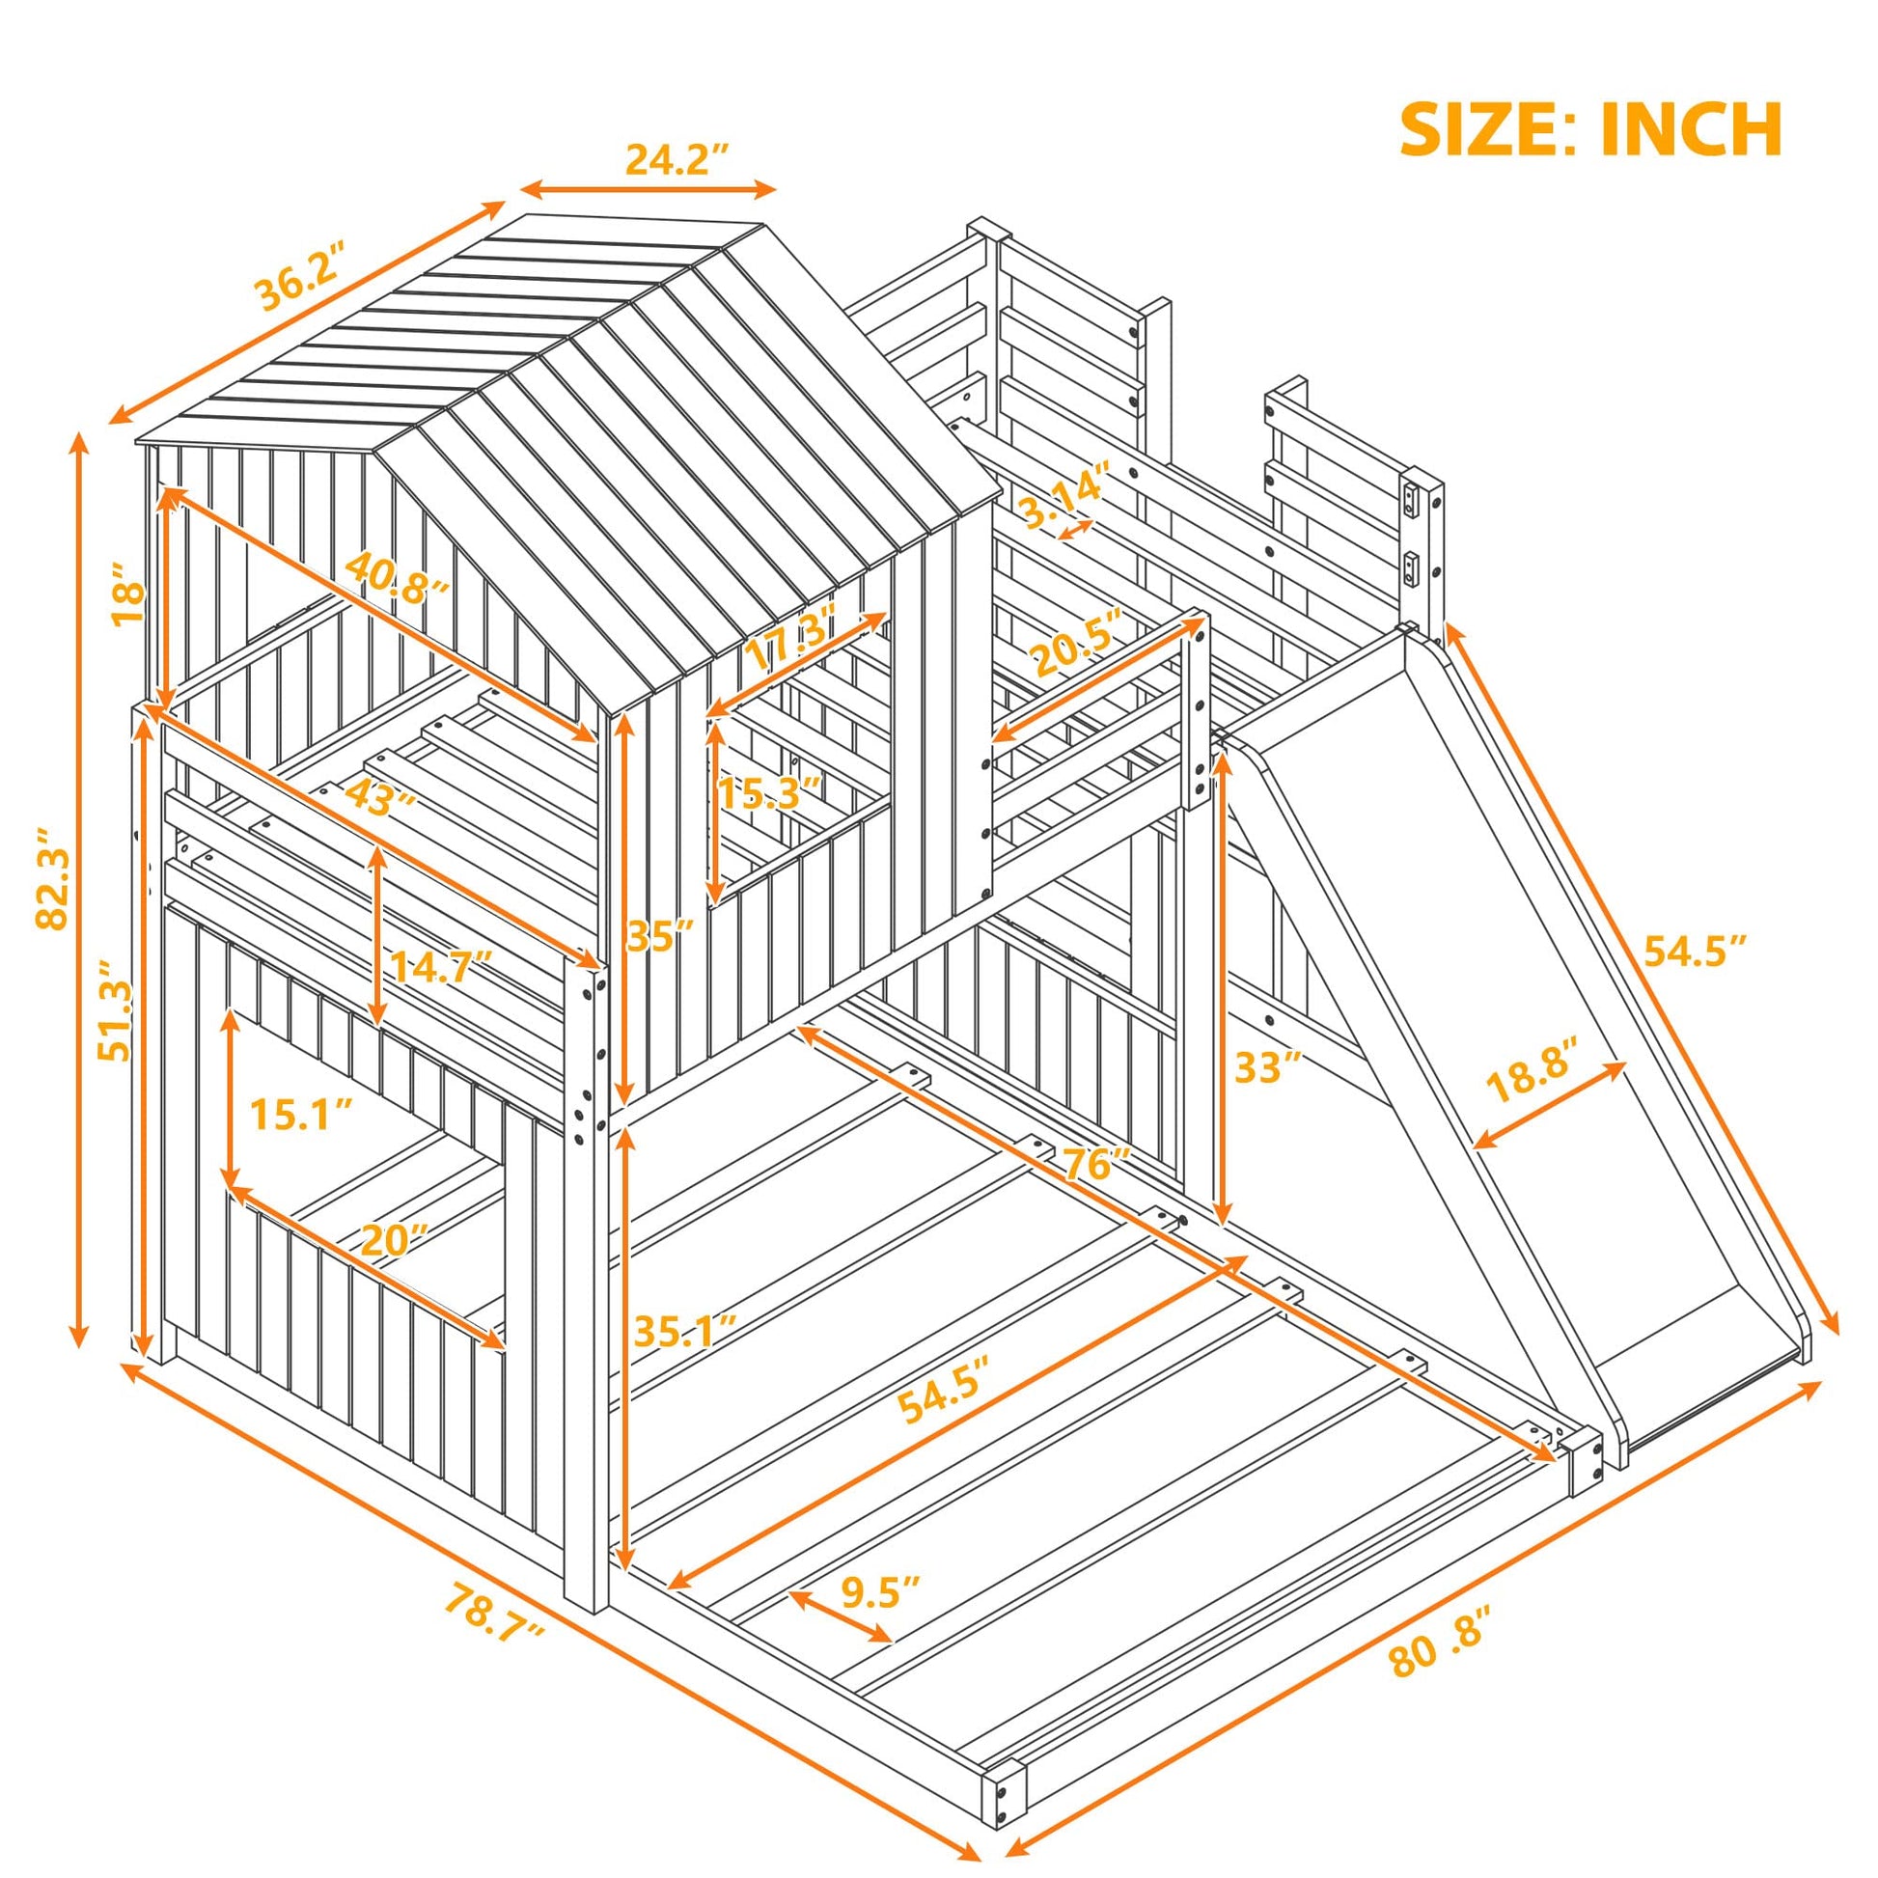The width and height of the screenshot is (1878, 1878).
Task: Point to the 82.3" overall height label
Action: pyautogui.click(x=53, y=878)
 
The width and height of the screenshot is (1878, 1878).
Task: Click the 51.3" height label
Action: pyautogui.click(x=117, y=1012)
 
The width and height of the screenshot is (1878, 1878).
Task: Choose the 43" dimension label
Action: pyautogui.click(x=371, y=797)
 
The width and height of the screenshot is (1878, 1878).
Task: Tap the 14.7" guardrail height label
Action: pyautogui.click(x=440, y=966)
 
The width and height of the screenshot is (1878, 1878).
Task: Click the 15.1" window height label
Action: pyautogui.click(x=300, y=1114)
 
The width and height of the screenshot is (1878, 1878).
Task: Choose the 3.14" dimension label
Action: pyautogui.click(x=1063, y=497)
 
